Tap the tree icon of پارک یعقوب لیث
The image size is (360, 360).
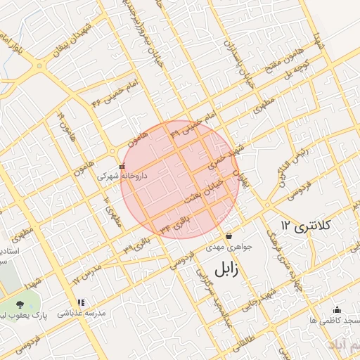(19, 304)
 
